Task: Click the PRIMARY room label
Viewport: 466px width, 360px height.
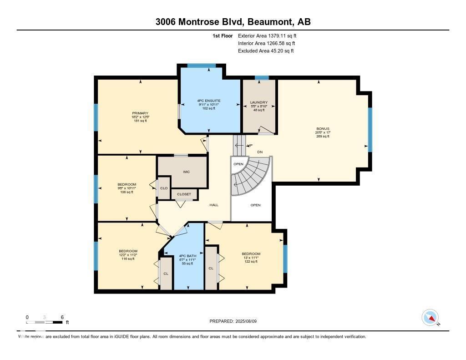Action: coord(140,113)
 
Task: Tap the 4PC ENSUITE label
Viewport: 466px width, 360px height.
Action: coord(209,100)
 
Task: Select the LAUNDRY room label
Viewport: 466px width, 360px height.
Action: coord(258,102)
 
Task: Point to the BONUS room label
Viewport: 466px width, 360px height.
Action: coord(323,129)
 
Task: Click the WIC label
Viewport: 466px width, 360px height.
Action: coord(186,172)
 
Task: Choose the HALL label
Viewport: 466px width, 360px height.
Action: coord(214,205)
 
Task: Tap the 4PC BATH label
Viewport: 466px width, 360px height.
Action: coord(187,256)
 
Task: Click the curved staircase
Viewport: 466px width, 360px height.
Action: coord(250,177)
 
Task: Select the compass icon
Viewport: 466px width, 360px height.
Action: coord(430,318)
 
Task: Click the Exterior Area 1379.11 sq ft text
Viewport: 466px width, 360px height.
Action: coord(268,35)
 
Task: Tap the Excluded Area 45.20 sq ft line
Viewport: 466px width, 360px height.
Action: coord(266,51)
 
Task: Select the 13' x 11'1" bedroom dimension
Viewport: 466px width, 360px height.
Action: coord(251,258)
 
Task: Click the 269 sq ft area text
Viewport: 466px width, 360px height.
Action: coord(323,137)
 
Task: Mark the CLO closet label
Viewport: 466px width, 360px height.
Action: coord(164,188)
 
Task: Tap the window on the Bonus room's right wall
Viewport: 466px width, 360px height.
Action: coord(370,129)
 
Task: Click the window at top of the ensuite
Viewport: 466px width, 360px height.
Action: coord(202,66)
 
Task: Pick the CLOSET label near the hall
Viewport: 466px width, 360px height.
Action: coord(184,194)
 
